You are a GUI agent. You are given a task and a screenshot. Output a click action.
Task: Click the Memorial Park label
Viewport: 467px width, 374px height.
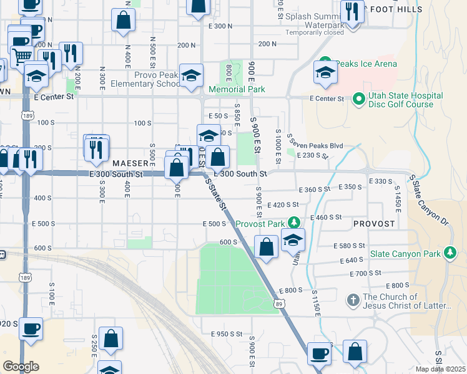click(x=237, y=89)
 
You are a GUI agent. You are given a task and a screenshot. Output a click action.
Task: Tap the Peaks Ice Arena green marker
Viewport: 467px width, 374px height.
click(x=325, y=64)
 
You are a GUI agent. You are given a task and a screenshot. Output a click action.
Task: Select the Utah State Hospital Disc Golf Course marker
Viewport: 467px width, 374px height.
click(x=358, y=98)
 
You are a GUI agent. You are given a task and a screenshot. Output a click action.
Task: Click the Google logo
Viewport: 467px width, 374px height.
click(x=21, y=367)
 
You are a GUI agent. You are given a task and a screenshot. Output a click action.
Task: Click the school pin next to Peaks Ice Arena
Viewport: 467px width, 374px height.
click(x=325, y=73)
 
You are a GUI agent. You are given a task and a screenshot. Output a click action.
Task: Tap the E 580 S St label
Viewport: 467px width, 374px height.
click(x=349, y=246)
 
